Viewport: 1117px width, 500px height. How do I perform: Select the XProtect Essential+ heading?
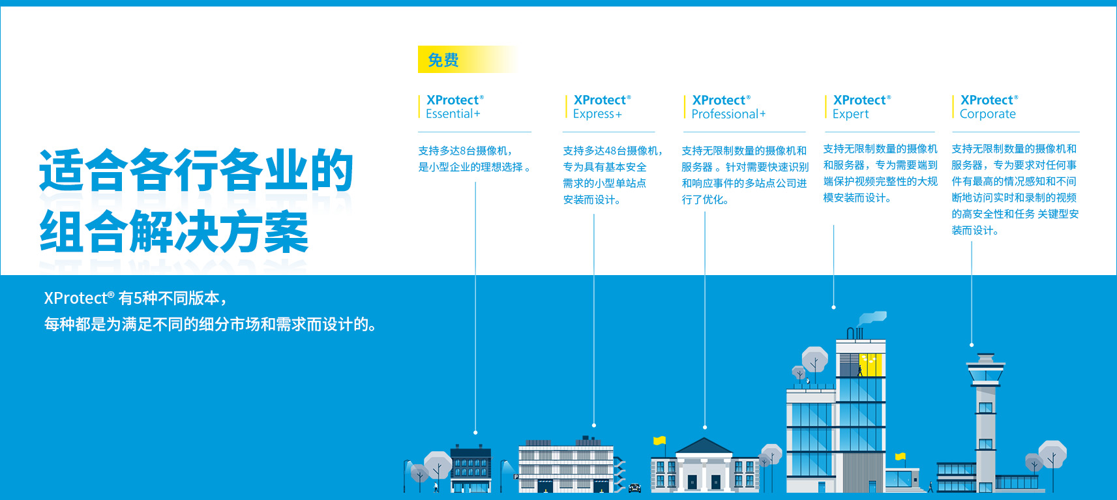pos(454,107)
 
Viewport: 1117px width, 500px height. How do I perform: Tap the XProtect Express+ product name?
pos(602,107)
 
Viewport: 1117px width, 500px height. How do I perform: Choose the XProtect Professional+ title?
pos(728,107)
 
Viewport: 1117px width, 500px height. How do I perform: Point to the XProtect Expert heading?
pos(861,107)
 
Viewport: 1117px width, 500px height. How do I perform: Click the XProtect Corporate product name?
pos(989,107)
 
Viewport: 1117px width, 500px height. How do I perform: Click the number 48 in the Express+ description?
pos(610,151)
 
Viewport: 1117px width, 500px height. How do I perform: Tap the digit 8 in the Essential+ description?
pos(462,151)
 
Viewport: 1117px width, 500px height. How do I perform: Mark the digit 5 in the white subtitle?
pos(137,298)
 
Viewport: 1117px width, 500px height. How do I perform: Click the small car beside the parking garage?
pos(635,488)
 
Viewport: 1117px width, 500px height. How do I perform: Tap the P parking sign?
pos(516,477)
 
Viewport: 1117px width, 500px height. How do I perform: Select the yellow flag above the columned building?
pos(660,440)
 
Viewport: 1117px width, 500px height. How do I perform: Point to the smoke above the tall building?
pos(872,317)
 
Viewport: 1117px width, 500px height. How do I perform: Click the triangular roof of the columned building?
pos(704,445)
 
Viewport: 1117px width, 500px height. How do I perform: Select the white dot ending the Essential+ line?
pos(475,433)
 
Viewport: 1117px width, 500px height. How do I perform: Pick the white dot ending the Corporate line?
pos(972,345)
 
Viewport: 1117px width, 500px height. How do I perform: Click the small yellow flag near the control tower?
pos(900,456)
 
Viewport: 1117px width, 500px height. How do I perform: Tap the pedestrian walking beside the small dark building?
pos(436,487)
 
